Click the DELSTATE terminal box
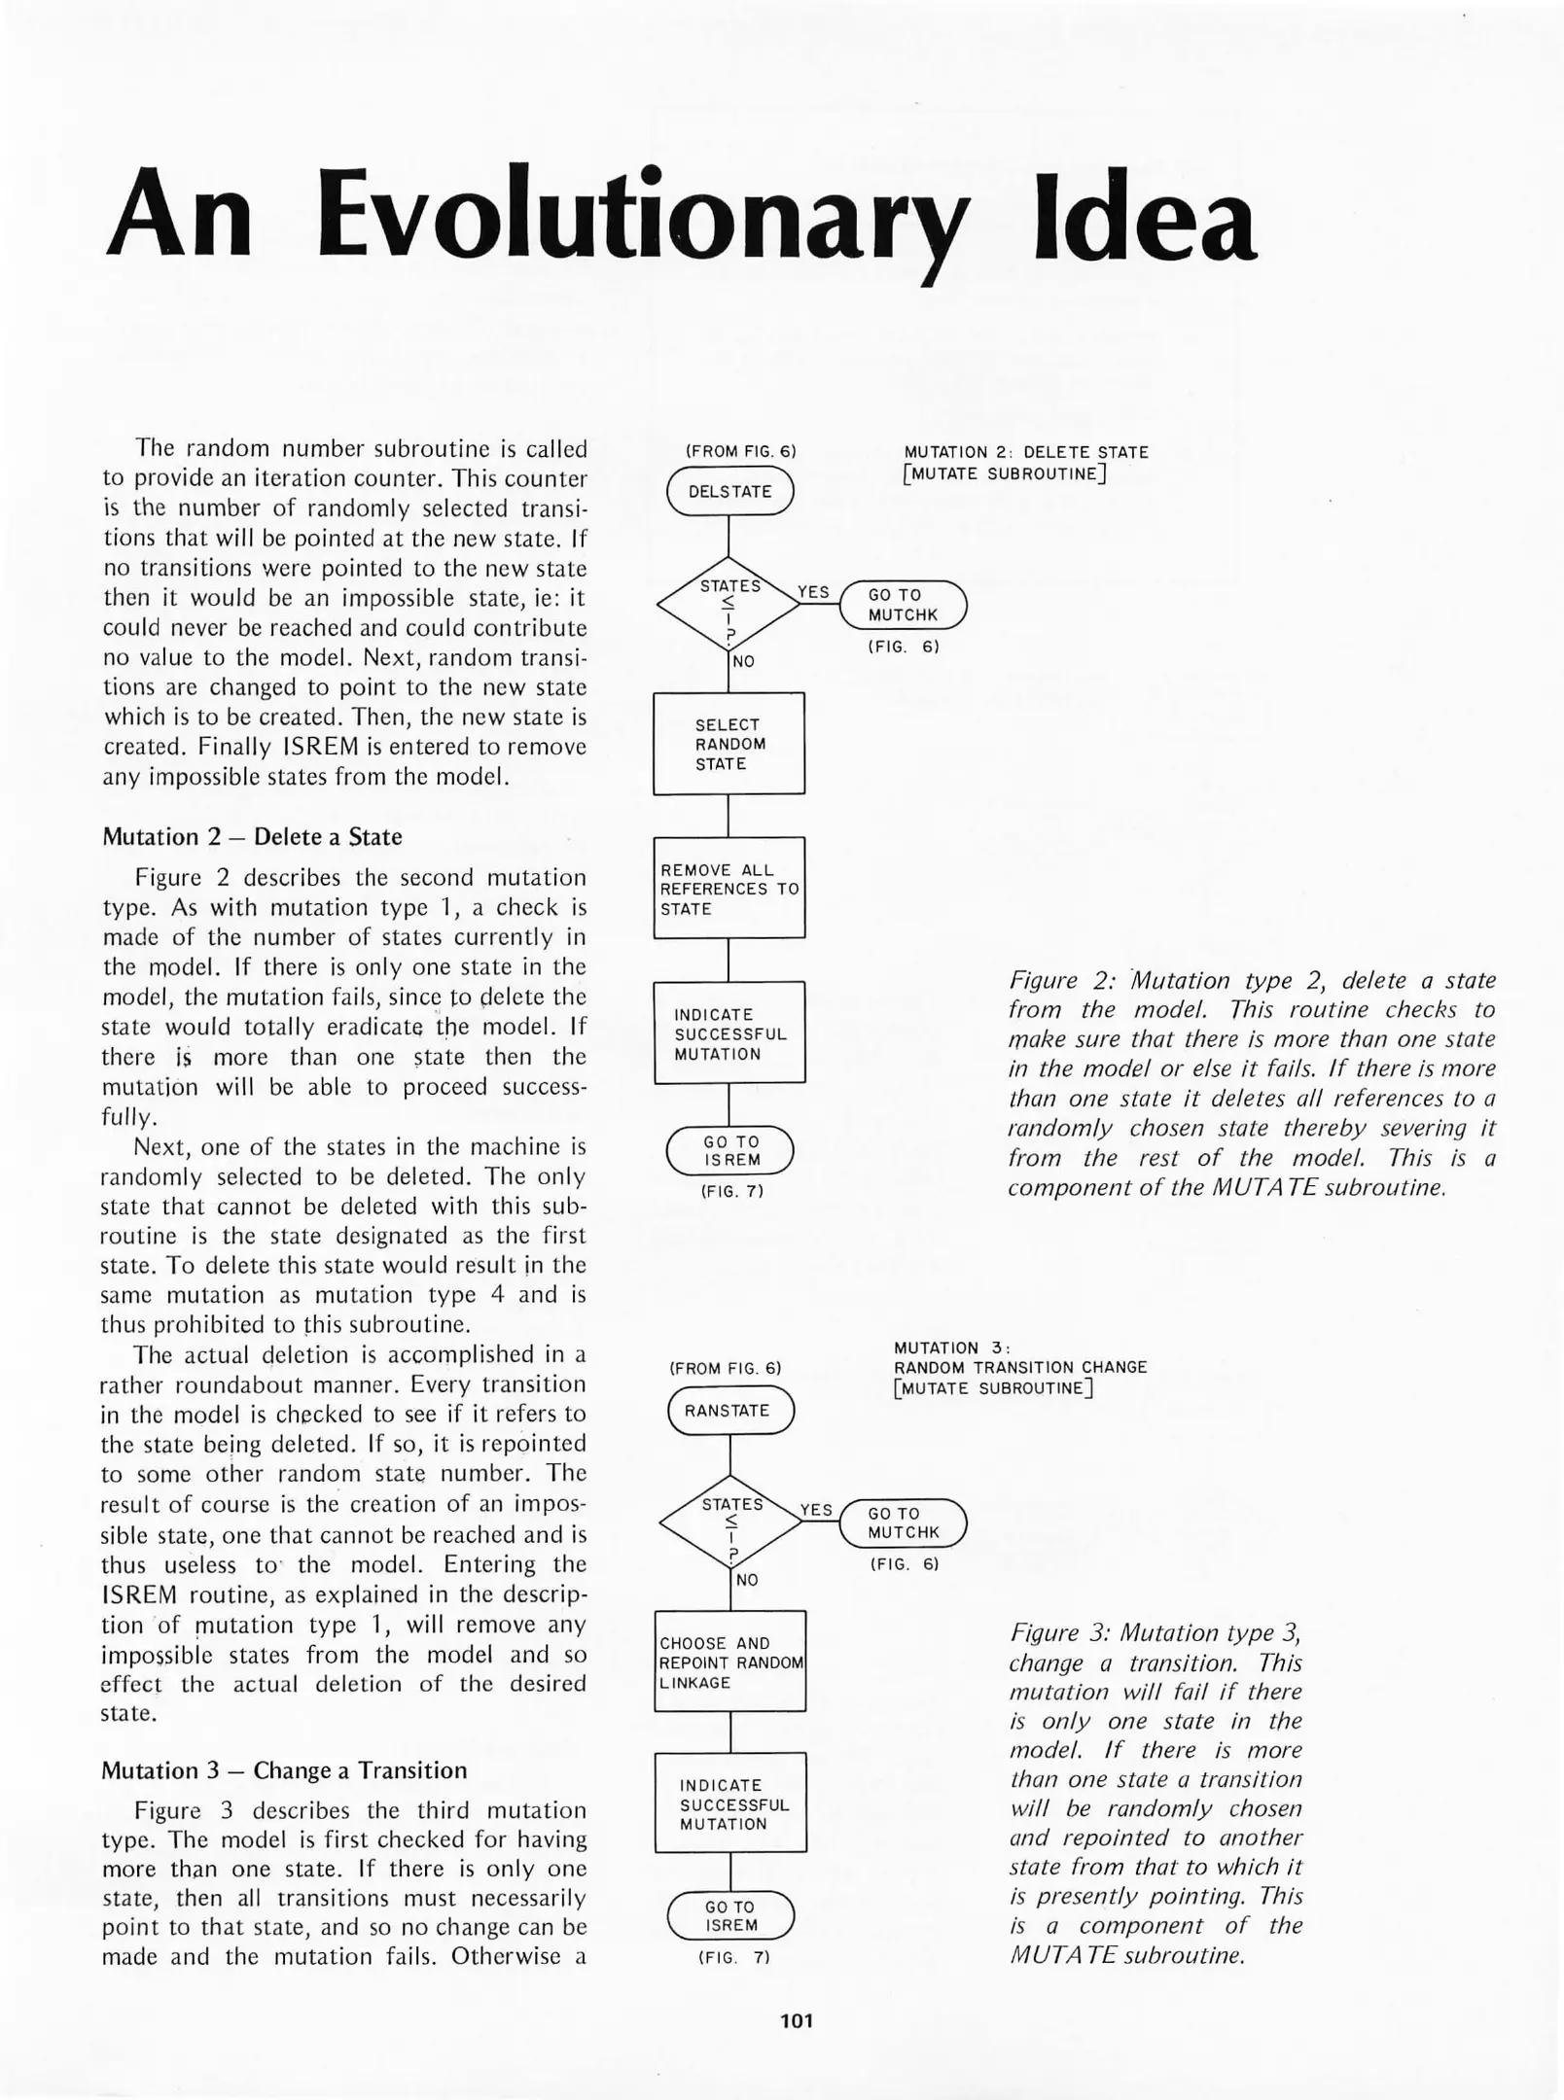(x=729, y=491)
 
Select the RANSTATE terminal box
(x=730, y=1411)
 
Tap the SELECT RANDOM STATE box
(x=729, y=744)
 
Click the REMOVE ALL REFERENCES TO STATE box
(x=729, y=889)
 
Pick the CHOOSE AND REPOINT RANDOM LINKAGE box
(x=729, y=1662)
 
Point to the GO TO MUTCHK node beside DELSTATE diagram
(x=903, y=605)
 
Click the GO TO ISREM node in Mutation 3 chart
(x=730, y=1915)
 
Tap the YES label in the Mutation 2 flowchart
(x=813, y=592)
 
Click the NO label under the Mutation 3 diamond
(x=746, y=1580)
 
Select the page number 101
(x=797, y=2020)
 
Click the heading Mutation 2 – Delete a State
(x=252, y=837)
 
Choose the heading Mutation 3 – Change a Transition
(x=284, y=1770)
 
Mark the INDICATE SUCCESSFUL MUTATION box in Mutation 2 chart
(x=729, y=1033)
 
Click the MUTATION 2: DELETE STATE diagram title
(x=1025, y=453)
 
